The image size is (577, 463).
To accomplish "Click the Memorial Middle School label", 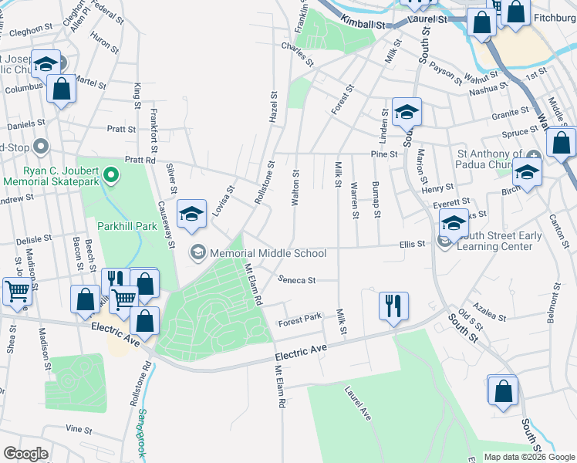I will pos(268,253).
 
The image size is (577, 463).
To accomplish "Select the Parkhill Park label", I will pos(127,226).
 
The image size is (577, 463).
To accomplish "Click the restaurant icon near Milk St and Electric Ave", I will pos(393,306).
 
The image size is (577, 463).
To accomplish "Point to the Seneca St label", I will pos(297,281).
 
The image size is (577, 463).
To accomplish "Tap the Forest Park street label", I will pos(300,318).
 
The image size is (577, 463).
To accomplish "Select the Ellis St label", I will pos(413,245).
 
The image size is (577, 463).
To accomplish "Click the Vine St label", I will pos(79,428).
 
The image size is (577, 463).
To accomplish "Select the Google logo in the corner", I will pos(25,454).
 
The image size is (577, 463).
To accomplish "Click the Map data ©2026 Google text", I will pos(528,457).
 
